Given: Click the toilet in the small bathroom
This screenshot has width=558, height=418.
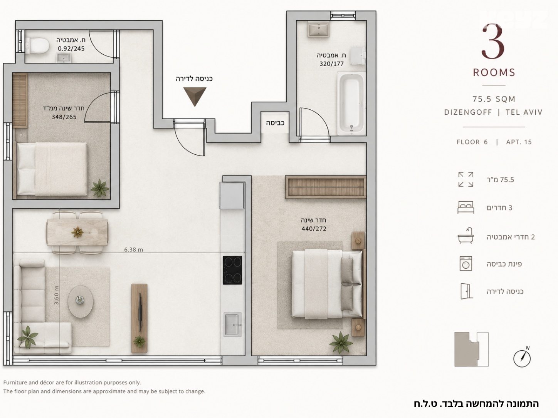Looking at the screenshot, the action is tap(37, 46).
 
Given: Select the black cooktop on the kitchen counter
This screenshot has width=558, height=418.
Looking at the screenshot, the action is tap(232, 270).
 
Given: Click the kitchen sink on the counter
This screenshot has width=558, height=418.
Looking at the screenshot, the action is tap(232, 324).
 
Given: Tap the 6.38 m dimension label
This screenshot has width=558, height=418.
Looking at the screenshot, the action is tap(133, 250).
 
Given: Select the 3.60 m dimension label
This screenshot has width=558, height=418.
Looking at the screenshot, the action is tap(56, 295).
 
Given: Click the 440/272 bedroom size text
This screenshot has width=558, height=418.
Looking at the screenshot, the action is tap(314, 229).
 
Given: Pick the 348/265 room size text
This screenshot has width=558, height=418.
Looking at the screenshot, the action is tap(64, 117).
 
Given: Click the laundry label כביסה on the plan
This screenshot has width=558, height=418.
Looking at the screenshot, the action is tap(275, 123).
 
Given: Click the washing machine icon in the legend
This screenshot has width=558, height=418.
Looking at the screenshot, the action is tap(466, 264).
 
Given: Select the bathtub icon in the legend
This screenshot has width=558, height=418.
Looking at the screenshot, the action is tap(466, 236).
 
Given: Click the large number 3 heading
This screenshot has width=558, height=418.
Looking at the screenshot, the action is tap(493, 42).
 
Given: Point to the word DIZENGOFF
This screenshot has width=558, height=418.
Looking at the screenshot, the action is tap(468, 112).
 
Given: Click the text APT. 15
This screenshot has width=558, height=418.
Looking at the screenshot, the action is tap(519, 142).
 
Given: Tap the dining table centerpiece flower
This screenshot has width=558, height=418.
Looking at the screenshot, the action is tap(77, 232).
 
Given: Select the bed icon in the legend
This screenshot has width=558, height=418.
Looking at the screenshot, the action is tap(466, 207).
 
